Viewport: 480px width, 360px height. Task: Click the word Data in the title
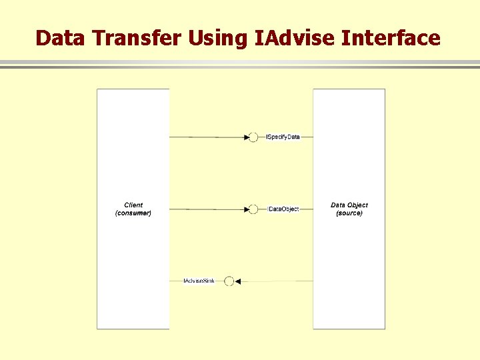pos(62,38)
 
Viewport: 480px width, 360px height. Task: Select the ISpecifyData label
pos(283,137)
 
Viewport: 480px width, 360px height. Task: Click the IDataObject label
pos(284,209)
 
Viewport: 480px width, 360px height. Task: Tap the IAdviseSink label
pos(199,281)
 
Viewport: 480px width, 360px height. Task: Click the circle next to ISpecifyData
pos(253,137)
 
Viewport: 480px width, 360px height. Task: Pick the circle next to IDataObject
pos(253,209)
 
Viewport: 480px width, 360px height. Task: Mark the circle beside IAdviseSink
pos(229,281)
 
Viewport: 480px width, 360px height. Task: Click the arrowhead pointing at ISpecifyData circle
pos(245,137)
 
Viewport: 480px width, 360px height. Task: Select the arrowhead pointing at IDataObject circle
pos(245,209)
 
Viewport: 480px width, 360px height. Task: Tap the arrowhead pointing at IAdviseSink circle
pos(238,281)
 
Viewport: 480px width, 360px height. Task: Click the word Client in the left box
pos(133,205)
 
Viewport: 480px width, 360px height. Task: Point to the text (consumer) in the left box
pos(133,213)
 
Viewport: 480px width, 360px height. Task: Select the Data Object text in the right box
pos(349,205)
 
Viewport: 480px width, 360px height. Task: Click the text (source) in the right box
pos(349,213)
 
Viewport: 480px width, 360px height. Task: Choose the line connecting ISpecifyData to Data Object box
pos(307,137)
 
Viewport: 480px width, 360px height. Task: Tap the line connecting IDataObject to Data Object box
pos(306,209)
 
